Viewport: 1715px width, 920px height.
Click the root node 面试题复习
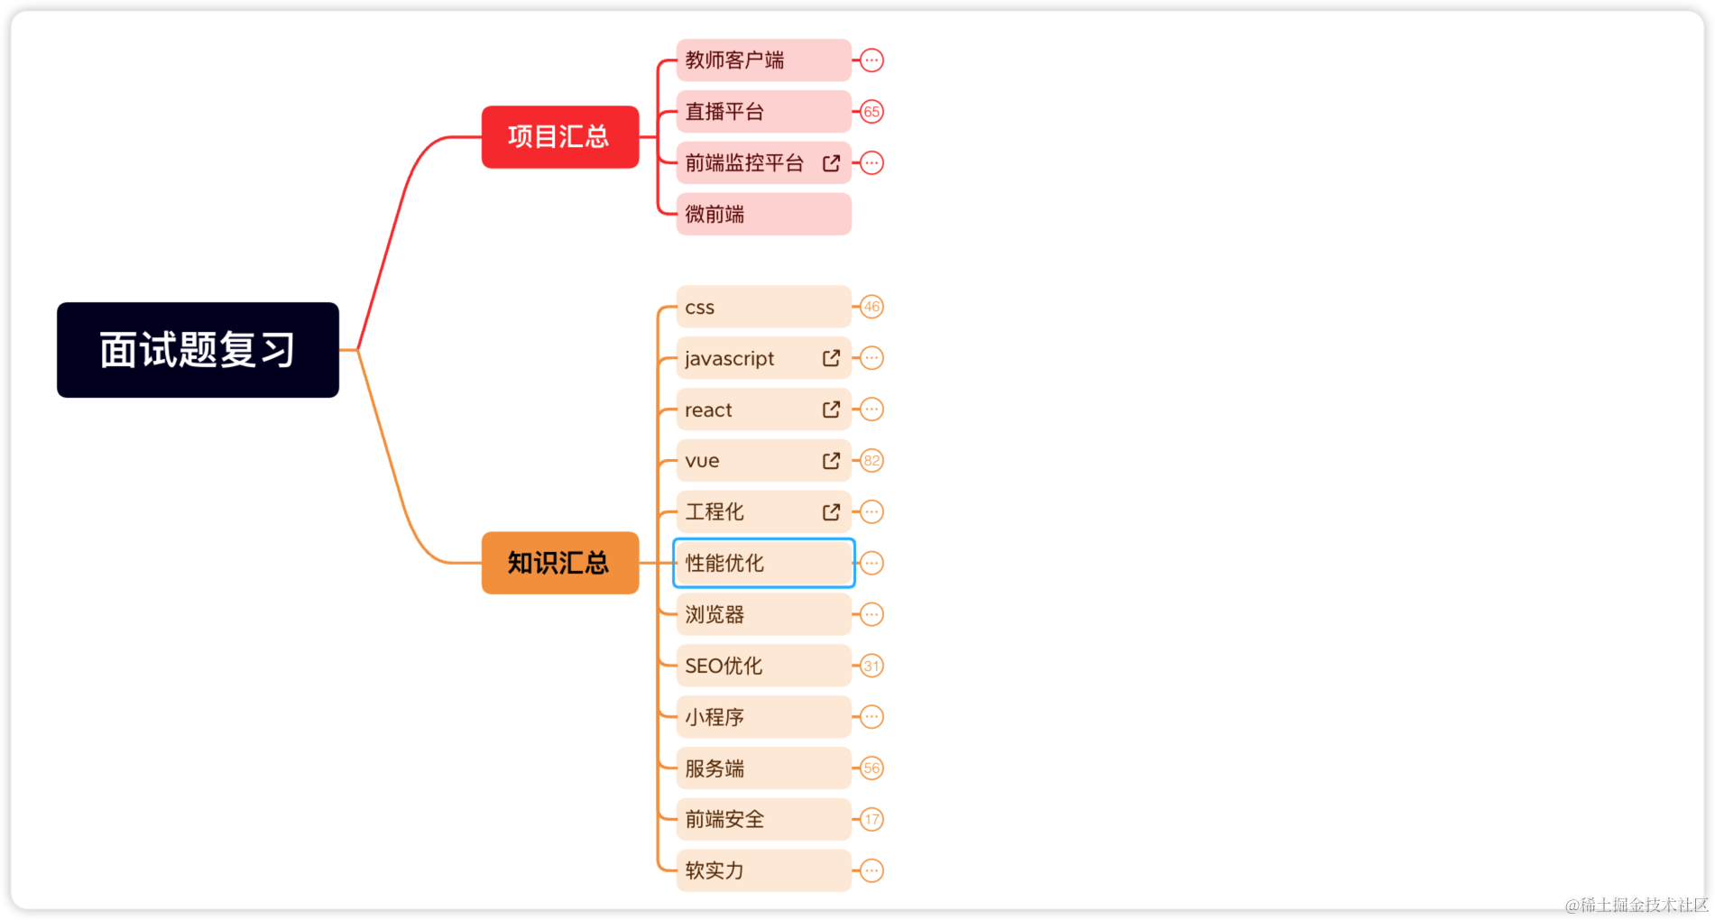coord(198,350)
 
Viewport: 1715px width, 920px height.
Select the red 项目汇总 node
coord(559,137)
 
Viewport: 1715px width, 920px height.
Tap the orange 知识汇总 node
coord(559,563)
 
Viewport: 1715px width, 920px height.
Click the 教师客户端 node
coord(762,60)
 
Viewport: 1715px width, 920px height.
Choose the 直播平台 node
coord(762,112)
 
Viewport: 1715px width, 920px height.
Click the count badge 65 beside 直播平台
coord(871,112)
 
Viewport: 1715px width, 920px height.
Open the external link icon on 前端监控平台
coord(831,163)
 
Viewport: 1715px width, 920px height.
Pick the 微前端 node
coord(762,215)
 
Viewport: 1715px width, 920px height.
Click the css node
coord(762,308)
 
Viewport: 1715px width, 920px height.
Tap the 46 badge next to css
coord(871,307)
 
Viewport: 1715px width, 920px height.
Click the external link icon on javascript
coord(831,358)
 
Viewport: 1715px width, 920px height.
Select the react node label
coord(709,410)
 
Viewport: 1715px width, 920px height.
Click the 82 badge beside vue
coord(871,461)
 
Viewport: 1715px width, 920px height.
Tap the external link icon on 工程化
coord(831,512)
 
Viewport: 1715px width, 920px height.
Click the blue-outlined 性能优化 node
coord(763,563)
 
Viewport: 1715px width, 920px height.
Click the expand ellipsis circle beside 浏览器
coord(871,614)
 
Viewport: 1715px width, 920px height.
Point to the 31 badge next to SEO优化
coord(871,666)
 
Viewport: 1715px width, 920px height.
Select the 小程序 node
coord(762,717)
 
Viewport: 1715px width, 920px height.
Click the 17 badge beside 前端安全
coord(871,820)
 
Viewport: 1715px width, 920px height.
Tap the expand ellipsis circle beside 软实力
coord(871,871)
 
